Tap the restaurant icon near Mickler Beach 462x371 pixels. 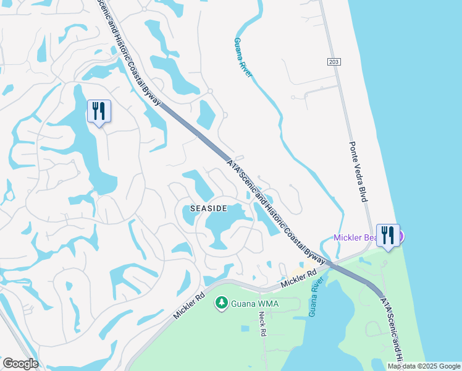point(388,236)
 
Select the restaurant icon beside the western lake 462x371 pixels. point(99,111)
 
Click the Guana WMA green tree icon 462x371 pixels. point(220,303)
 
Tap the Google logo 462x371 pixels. point(20,364)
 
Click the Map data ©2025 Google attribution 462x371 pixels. point(424,366)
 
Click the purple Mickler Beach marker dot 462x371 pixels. point(400,236)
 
